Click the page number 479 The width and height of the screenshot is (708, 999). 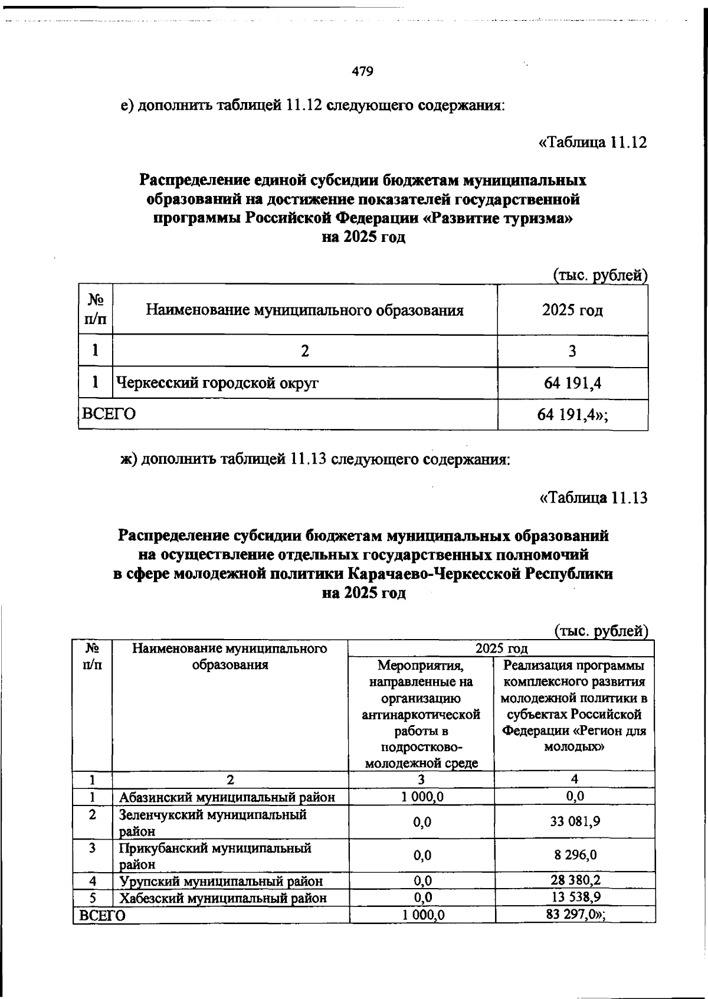click(x=362, y=72)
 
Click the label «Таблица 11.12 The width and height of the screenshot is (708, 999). click(x=593, y=143)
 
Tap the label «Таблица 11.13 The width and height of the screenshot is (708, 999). click(x=594, y=498)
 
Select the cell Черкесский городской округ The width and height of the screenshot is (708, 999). click(x=218, y=384)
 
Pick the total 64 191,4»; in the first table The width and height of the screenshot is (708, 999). click(x=572, y=414)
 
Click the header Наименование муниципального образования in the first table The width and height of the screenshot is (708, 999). click(x=304, y=310)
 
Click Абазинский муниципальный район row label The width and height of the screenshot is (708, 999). click(x=227, y=797)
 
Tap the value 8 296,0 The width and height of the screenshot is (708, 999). click(x=575, y=855)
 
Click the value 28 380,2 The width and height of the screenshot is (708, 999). click(x=575, y=881)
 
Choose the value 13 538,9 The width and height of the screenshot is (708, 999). click(x=575, y=898)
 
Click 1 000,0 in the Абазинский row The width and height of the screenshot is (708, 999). click(x=422, y=797)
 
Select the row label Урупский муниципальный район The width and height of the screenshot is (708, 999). click(x=221, y=882)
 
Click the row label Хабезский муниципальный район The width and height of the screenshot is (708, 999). click(x=223, y=899)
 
